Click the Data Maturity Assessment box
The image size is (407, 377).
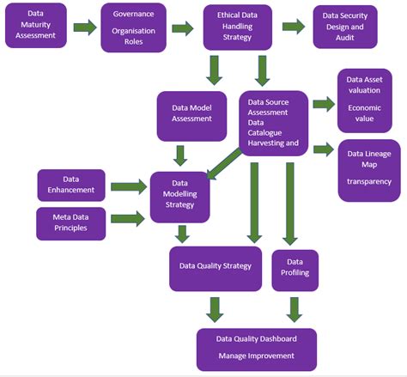36,27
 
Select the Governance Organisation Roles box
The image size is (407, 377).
133,27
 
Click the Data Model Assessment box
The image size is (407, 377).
191,113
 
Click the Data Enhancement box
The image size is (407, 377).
71,185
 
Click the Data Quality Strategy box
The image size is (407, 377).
215,268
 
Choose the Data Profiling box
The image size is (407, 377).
295,268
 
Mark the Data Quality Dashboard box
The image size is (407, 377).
257,348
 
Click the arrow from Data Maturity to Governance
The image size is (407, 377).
84,27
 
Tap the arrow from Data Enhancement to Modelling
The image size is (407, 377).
128,185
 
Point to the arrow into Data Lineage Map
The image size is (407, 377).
323,149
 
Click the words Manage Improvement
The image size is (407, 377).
256,356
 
